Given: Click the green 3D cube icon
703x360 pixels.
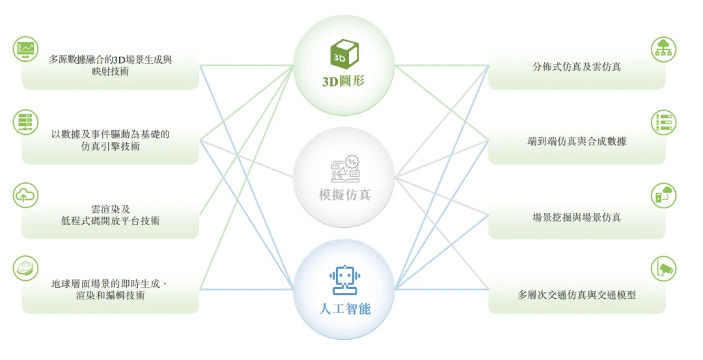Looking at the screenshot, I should pos(344,55).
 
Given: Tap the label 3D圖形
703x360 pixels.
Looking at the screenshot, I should pos(344,83).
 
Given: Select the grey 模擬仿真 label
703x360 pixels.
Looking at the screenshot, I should pos(344,195).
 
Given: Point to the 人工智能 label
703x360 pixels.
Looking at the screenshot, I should pos(344,308).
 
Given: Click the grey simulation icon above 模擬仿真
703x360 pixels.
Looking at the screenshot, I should pos(344,169).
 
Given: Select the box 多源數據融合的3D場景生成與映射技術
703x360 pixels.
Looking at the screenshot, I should pos(111,66).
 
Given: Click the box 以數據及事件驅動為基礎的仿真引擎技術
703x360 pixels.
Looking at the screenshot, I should pos(111,141).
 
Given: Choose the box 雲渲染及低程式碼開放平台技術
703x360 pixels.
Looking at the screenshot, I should pos(111,215).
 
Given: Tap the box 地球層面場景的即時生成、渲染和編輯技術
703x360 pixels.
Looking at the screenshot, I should pos(111,290).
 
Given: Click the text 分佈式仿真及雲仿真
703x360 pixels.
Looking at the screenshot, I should pos(577,66).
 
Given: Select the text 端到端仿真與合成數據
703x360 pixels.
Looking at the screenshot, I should pos(577,141).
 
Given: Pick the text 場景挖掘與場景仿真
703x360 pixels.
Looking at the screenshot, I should pos(577,217).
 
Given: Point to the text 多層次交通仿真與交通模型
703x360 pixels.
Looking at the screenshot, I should pos(577,295).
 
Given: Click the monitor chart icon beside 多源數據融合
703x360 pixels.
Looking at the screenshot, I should pos(26,49).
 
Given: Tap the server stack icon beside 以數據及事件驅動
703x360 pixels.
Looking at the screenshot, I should pos(26,122).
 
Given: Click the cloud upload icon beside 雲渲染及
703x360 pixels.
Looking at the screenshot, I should pos(26,195).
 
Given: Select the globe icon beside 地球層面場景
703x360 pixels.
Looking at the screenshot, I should pos(26,268).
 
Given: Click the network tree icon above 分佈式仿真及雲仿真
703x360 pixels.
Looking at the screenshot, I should pos(663,49).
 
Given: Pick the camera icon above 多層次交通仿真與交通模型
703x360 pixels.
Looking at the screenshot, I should pos(663,268).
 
